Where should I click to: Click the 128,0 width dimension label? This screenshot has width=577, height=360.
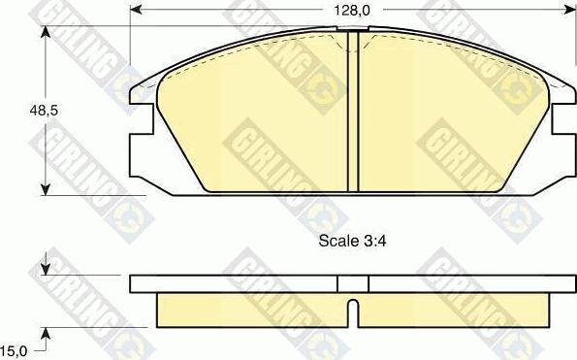click(x=351, y=11)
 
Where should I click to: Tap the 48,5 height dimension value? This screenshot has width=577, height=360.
click(x=44, y=111)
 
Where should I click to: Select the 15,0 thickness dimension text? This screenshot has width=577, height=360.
click(x=14, y=351)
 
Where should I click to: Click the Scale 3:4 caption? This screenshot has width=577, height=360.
click(x=352, y=241)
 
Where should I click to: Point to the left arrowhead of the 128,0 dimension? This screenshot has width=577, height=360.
click(x=136, y=10)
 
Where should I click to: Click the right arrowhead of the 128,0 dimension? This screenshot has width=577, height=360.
click(x=570, y=10)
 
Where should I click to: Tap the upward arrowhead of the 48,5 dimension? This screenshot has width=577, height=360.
click(x=46, y=32)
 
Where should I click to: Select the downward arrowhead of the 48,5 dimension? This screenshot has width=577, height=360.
click(x=46, y=189)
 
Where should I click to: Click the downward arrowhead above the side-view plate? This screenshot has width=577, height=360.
click(x=46, y=269)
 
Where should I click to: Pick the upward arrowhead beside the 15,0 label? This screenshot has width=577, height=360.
click(x=46, y=333)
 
